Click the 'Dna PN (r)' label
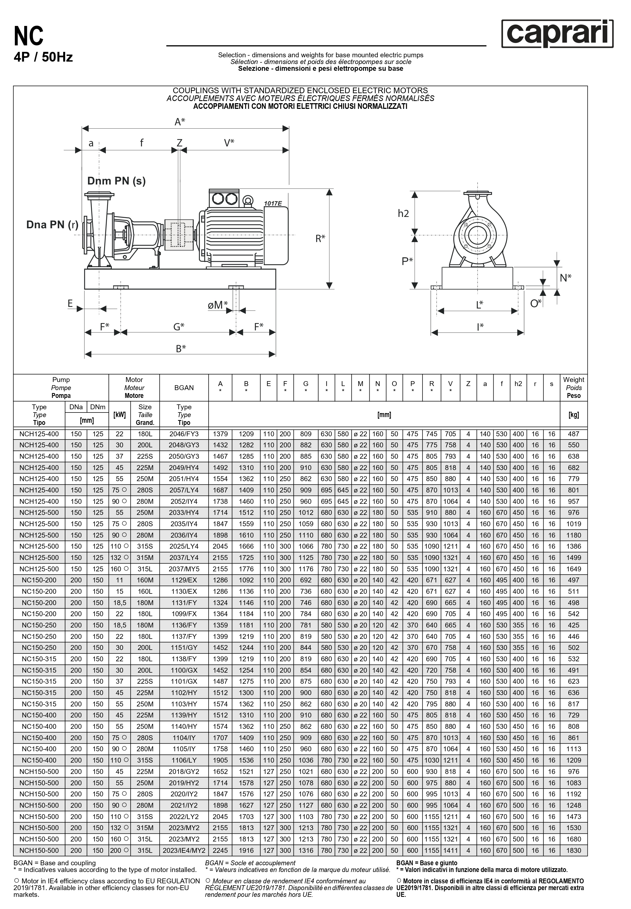pyautogui.click(x=52, y=225)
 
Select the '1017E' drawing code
pyautogui.click(x=273, y=203)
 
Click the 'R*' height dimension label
pyautogui.click(x=320, y=238)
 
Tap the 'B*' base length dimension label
pyautogui.click(x=181, y=348)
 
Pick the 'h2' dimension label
pyautogui.click(x=403, y=214)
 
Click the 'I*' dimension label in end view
pyautogui.click(x=480, y=327)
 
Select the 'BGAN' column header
pyautogui.click(x=184, y=388)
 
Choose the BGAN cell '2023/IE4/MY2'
pyautogui.click(x=184, y=850)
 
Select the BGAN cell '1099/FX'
pyautogui.click(x=184, y=614)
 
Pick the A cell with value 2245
pyautogui.click(x=220, y=850)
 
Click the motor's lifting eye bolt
pyautogui.click(x=248, y=201)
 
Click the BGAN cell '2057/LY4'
pyautogui.click(x=184, y=490)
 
